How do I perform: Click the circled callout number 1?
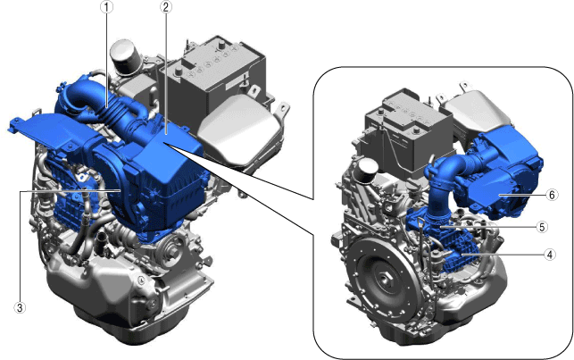point(106,7)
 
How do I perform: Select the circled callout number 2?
point(165,7)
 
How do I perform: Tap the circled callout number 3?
point(20,307)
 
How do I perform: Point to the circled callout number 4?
point(549,255)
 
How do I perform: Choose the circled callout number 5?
point(542,227)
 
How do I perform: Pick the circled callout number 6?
point(552,195)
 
